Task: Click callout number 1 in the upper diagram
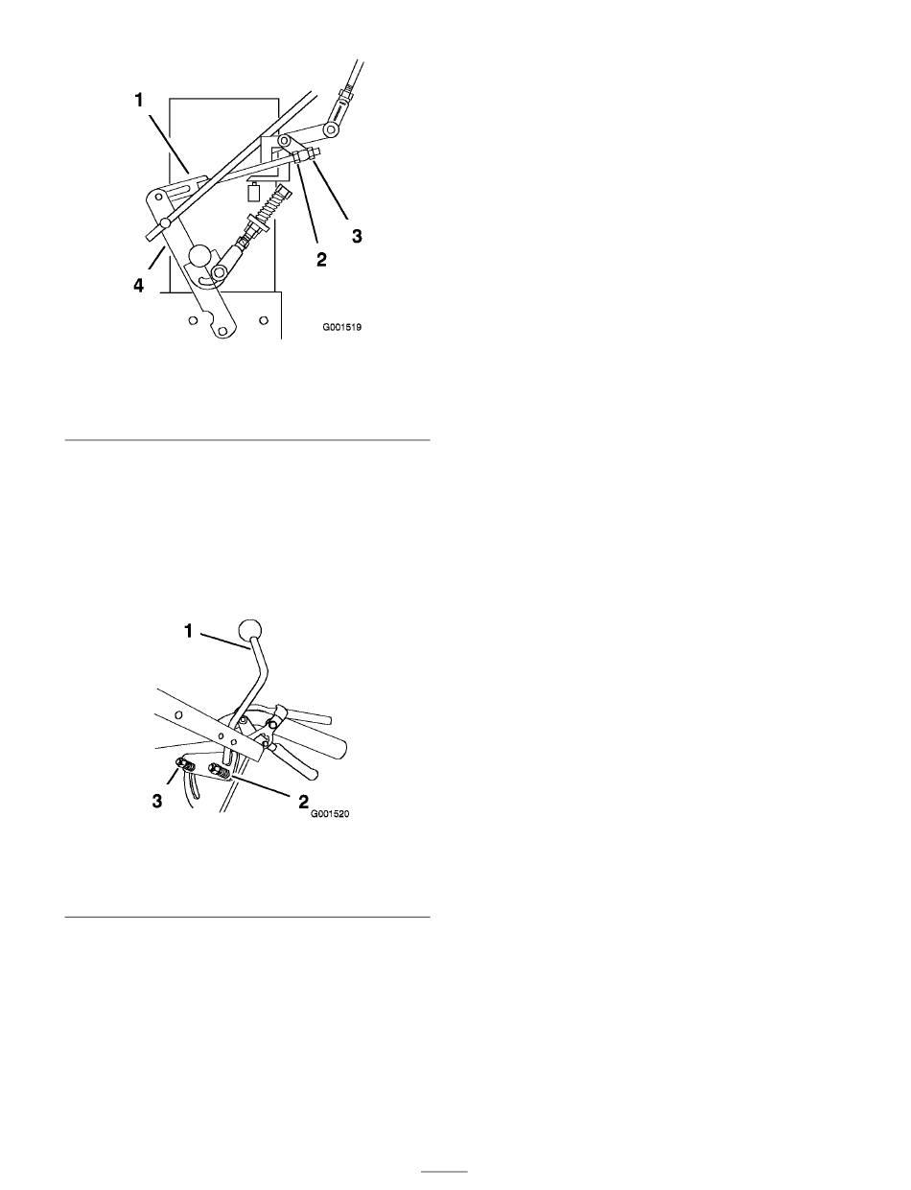139,101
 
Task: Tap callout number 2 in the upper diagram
321,259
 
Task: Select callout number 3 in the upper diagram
357,236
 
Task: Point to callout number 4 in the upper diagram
139,286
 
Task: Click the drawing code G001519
341,328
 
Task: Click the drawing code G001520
330,814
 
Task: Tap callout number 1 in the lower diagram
188,631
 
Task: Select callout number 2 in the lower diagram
303,803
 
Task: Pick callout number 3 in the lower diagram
157,802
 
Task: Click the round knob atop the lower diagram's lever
250,629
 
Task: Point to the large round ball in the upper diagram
201,256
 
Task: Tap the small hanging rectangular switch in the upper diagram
253,193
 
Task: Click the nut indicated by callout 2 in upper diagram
297,157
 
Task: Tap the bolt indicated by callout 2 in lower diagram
219,772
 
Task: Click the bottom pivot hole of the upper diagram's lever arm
222,331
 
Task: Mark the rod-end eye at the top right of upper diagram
331,129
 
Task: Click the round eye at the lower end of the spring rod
221,271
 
